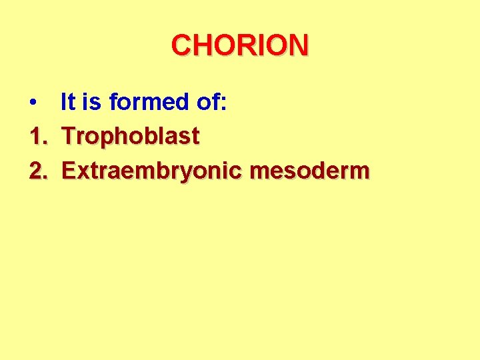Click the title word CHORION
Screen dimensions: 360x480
(x=240, y=45)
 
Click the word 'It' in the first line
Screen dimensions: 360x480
(x=67, y=102)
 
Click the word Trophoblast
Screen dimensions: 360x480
(x=131, y=137)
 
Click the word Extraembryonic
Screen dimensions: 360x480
(x=153, y=171)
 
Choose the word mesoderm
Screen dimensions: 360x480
(x=309, y=171)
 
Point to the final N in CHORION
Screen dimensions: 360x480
(x=297, y=45)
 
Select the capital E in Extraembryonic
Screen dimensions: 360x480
(x=69, y=171)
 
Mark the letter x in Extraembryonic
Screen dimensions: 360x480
(x=83, y=172)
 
